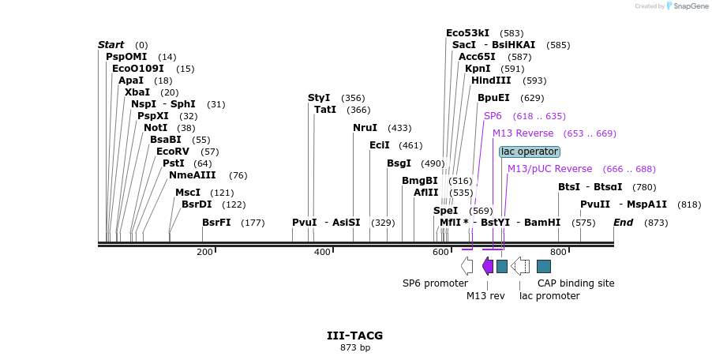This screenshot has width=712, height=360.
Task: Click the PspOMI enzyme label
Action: [x=129, y=57]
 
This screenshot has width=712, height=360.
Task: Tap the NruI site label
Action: [x=365, y=128]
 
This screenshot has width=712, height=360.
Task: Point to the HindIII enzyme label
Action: [x=491, y=81]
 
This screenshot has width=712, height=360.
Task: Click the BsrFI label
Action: [x=216, y=223]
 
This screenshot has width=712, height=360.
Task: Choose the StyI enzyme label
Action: [x=319, y=98]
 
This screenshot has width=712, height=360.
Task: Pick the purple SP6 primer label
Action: [x=493, y=116]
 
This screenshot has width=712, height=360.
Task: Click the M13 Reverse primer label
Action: [x=523, y=133]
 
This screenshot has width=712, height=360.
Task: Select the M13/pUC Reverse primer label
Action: [x=549, y=169]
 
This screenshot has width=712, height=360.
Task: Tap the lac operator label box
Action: [x=530, y=152]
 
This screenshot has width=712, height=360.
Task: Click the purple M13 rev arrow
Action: [x=488, y=265]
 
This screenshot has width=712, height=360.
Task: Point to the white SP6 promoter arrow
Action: [x=467, y=265]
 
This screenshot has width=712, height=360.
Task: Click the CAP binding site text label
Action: [x=575, y=283]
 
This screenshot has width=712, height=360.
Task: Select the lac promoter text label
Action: [x=549, y=296]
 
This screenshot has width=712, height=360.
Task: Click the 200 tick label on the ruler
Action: [x=204, y=253]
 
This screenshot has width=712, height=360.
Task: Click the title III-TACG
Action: [x=355, y=336]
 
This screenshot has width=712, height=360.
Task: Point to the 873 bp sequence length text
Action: [x=355, y=347]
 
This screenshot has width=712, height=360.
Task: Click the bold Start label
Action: [x=111, y=45]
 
